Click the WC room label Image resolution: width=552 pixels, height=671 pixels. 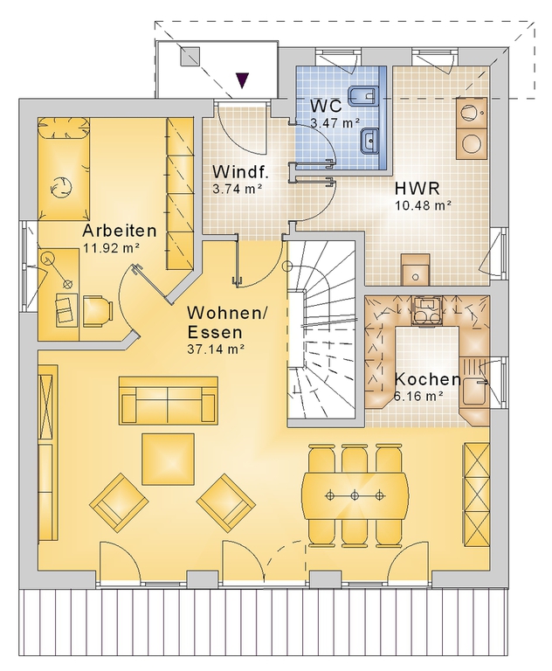(x=326, y=105)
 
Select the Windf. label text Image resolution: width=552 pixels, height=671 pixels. (x=240, y=172)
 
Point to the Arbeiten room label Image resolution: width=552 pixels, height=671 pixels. (x=120, y=231)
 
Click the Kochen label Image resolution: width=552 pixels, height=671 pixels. (x=427, y=379)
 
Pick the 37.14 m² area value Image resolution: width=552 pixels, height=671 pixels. (x=215, y=349)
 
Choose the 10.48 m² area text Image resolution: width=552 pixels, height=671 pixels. (x=423, y=205)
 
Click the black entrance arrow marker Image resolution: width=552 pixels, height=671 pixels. (x=243, y=80)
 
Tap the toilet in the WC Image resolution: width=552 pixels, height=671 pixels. (x=363, y=95)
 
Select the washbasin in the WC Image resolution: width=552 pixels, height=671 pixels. (x=369, y=142)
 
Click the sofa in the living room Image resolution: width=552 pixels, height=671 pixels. (x=169, y=401)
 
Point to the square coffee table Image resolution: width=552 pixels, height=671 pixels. (x=169, y=459)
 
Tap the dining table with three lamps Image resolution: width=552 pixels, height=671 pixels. (x=355, y=495)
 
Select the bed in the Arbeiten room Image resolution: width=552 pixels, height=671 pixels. (x=64, y=169)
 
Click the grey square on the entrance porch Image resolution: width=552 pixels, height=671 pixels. (x=190, y=57)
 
